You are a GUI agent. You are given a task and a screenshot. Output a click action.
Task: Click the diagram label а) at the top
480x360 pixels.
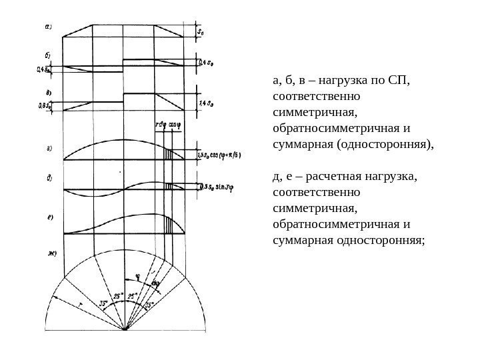49,27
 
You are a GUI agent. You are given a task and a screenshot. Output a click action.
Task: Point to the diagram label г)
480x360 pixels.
49,149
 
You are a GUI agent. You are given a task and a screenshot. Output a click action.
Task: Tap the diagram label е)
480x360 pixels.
49,217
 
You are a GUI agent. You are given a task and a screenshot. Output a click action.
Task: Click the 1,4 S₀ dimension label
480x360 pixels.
207,103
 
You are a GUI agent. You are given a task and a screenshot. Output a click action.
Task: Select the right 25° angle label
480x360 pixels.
133,296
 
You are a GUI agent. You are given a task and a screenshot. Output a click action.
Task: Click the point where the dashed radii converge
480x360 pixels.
125,329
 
